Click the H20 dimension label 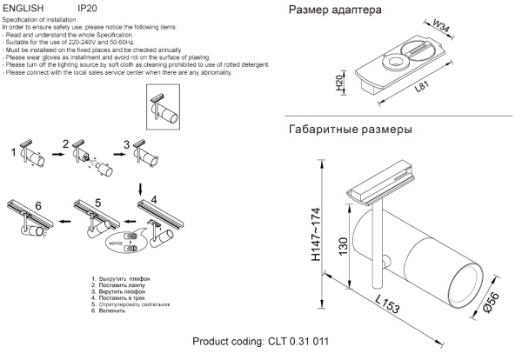click(339, 83)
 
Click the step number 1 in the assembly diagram click(13, 153)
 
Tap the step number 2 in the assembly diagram click(65, 143)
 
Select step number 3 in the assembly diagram click(126, 143)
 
